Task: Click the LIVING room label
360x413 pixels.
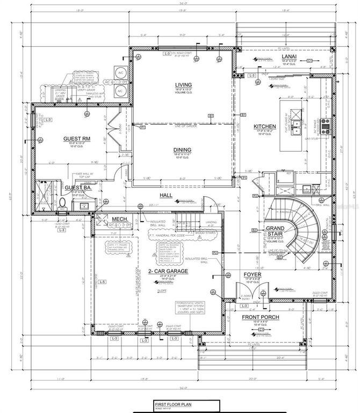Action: pyautogui.click(x=183, y=86)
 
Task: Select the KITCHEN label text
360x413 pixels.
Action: pyautogui.click(x=265, y=127)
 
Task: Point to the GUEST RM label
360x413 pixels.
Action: pyautogui.click(x=76, y=138)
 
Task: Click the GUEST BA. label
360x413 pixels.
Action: pyautogui.click(x=76, y=188)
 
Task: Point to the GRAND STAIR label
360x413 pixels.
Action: pyautogui.click(x=276, y=232)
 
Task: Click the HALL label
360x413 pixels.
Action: pyautogui.click(x=165, y=196)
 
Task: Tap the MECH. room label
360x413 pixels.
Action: pyautogui.click(x=119, y=219)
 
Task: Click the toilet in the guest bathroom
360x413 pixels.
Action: pyautogui.click(x=62, y=203)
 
